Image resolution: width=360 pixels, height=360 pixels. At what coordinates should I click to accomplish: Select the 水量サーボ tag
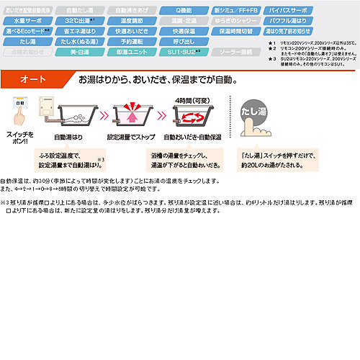(x=25, y=22)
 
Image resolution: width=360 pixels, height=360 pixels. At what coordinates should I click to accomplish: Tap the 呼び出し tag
(x=186, y=42)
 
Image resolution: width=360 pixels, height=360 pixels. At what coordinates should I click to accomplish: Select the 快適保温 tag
(x=186, y=32)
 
